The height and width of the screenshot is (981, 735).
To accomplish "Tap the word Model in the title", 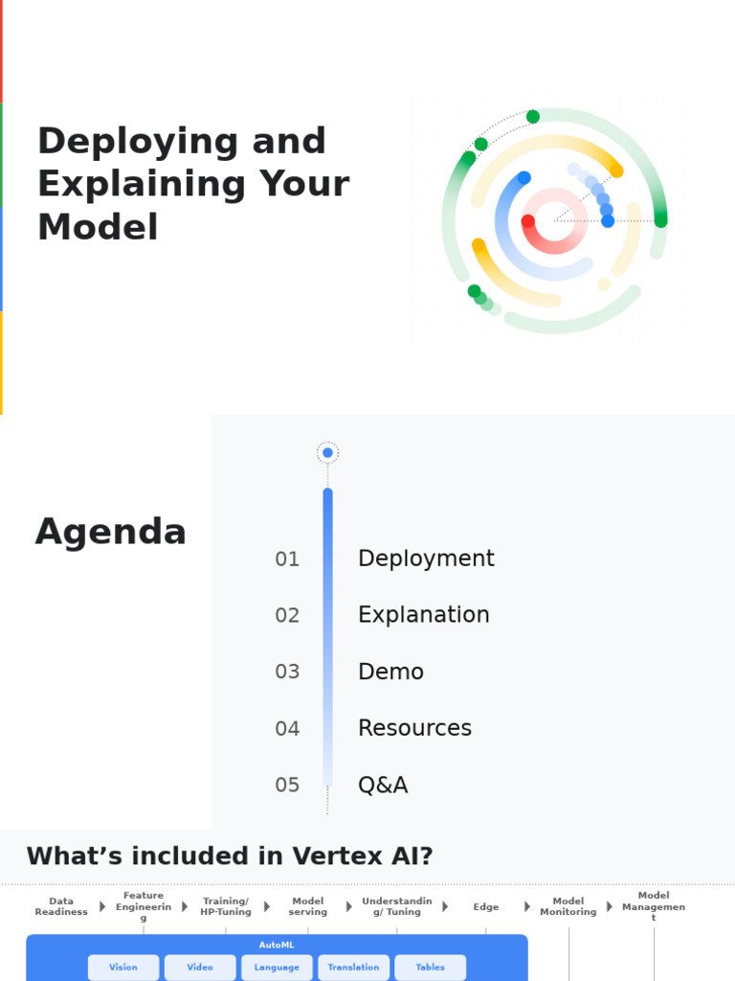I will click(98, 228).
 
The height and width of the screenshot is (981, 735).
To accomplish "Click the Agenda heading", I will click(110, 532).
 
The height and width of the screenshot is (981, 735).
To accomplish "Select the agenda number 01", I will click(287, 559).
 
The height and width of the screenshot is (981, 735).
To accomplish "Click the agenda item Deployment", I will click(426, 559).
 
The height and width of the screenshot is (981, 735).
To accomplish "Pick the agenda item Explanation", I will click(423, 615).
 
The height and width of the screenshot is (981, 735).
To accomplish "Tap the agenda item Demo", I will click(390, 672).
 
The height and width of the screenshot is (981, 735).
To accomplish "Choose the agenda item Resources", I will click(414, 728).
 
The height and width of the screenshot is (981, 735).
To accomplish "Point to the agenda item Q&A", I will click(383, 786).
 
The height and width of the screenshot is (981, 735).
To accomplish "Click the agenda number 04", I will click(287, 729).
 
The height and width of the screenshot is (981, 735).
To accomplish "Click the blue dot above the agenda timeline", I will click(328, 453).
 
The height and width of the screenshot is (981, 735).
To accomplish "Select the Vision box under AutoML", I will click(123, 968).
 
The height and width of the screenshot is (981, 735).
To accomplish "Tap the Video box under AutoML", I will click(200, 968).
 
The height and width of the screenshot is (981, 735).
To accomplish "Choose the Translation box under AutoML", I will click(353, 968).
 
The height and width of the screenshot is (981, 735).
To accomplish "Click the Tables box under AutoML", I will click(430, 968).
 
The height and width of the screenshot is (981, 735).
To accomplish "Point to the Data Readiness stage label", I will click(61, 906).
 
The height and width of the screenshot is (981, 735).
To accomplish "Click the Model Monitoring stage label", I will click(568, 906).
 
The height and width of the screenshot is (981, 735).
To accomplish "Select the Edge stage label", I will click(485, 906).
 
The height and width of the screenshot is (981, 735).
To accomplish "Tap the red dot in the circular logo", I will click(528, 221).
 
